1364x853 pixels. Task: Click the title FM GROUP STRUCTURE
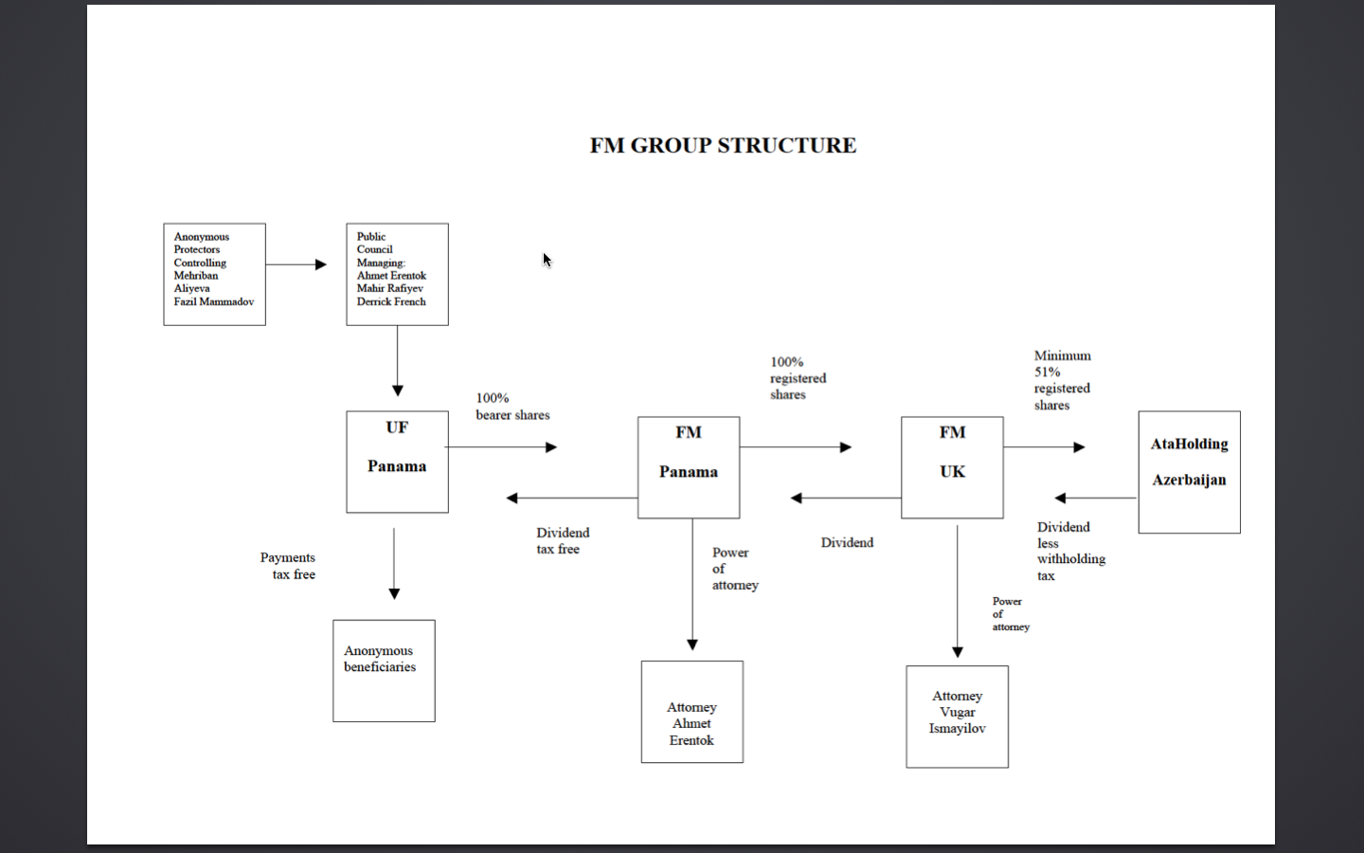pos(723,145)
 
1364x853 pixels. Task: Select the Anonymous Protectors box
pos(214,274)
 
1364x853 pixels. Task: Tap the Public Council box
pos(397,274)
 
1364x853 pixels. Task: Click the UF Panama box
pos(397,462)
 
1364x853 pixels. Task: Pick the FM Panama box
pos(689,467)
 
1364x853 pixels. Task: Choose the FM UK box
pos(952,467)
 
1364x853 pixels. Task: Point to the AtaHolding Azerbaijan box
pos(1189,472)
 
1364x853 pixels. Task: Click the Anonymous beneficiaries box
pos(384,671)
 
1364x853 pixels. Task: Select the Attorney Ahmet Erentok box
pos(691,712)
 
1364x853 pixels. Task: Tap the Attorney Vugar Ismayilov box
pos(957,717)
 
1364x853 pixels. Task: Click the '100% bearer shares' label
pos(512,407)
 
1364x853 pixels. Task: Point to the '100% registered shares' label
pos(798,378)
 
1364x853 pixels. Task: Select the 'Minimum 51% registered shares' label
pos(1062,380)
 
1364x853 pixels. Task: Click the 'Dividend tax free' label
pos(563,540)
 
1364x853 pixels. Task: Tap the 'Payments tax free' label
pos(288,566)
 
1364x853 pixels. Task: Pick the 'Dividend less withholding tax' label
pos(1070,551)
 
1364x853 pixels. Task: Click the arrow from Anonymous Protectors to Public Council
pos(296,264)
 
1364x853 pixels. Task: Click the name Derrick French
pos(391,301)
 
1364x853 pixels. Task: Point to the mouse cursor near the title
pos(547,259)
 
